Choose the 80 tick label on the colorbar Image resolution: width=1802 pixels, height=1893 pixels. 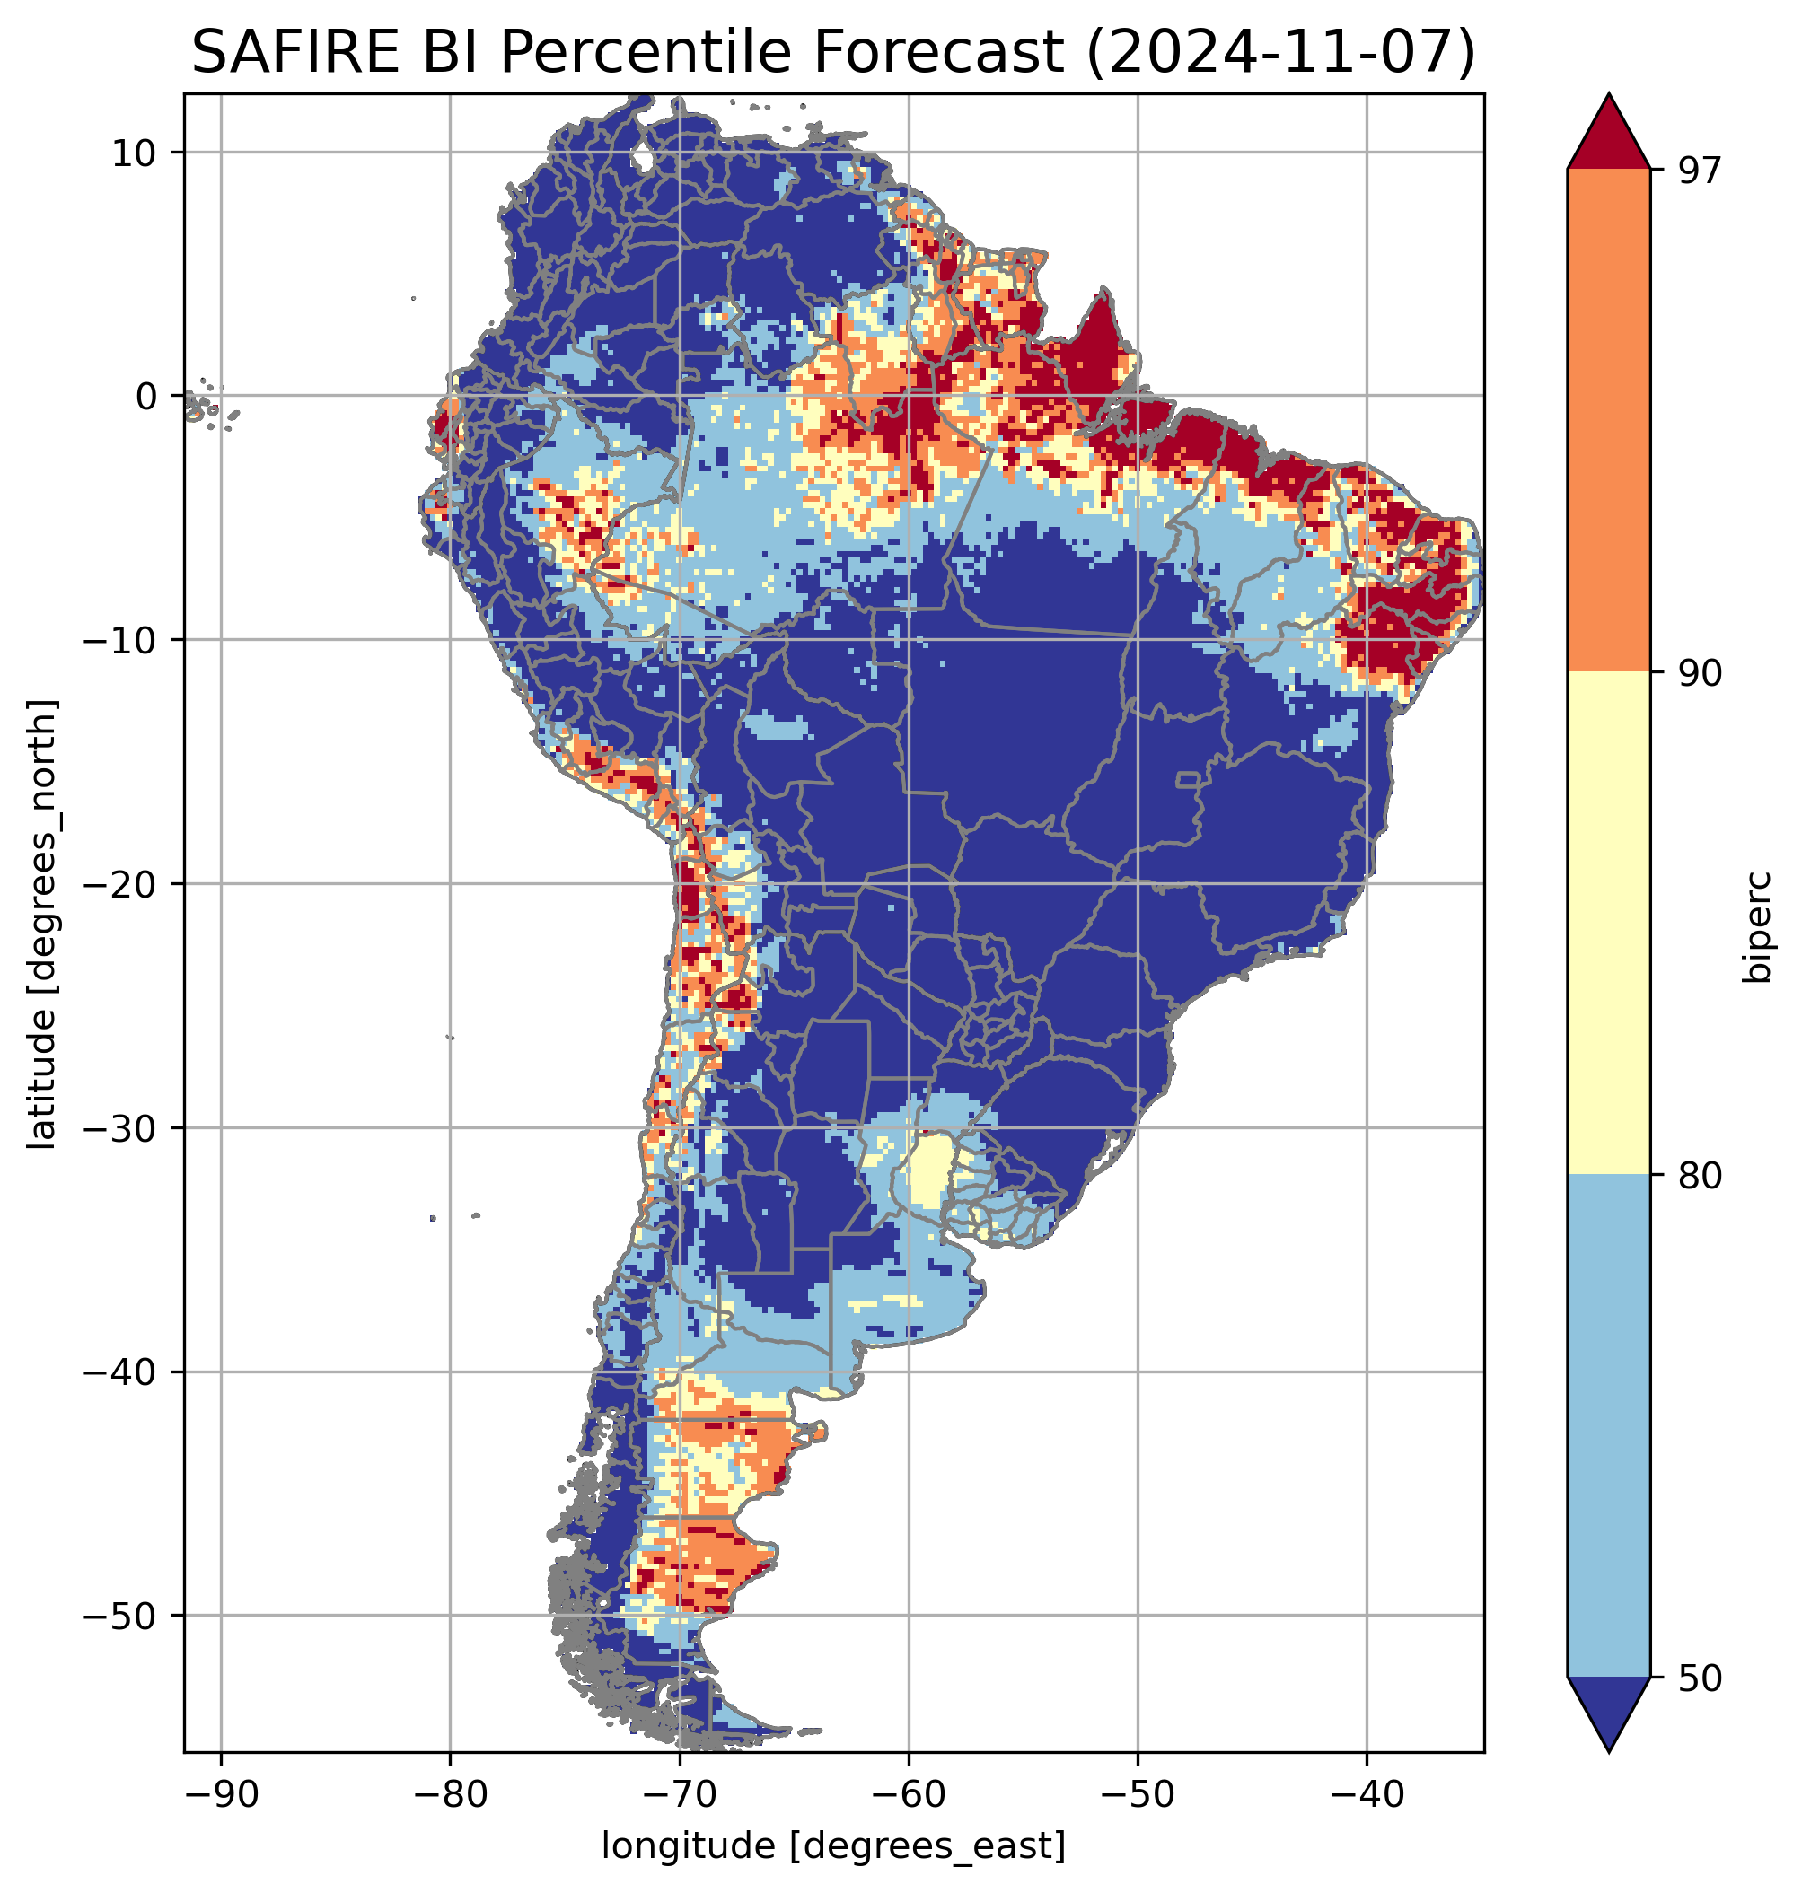(1698, 1177)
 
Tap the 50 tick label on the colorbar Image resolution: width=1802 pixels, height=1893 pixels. (1698, 1678)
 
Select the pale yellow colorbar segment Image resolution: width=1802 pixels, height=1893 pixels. (1608, 922)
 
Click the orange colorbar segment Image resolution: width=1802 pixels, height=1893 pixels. (1608, 421)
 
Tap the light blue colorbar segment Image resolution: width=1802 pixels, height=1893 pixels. (1608, 1426)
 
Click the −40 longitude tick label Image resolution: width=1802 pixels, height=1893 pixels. (1366, 1795)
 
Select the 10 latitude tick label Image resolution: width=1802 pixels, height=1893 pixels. (135, 153)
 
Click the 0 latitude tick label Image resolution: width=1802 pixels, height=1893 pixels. (146, 396)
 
